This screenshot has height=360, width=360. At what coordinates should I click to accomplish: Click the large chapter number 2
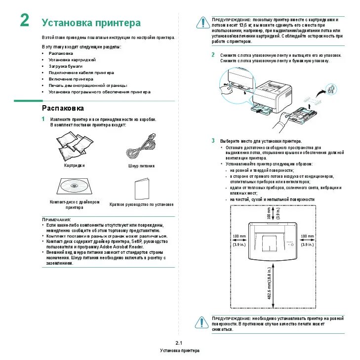click(24, 21)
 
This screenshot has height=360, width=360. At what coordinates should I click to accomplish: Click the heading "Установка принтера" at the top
click(91, 23)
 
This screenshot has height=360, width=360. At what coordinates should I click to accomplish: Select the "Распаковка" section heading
click(63, 108)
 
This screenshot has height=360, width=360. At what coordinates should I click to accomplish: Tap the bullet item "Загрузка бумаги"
click(65, 66)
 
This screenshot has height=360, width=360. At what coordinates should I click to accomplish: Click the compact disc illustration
click(74, 186)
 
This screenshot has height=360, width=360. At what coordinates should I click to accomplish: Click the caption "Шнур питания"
click(141, 166)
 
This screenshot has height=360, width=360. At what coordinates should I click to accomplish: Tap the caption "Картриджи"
click(75, 165)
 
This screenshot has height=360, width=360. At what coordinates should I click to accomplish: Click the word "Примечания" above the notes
click(56, 219)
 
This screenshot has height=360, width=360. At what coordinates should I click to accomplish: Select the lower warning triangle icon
click(201, 321)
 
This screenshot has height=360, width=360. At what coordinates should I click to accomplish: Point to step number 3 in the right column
click(213, 141)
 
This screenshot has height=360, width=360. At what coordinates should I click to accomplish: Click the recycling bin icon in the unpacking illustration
click(330, 88)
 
